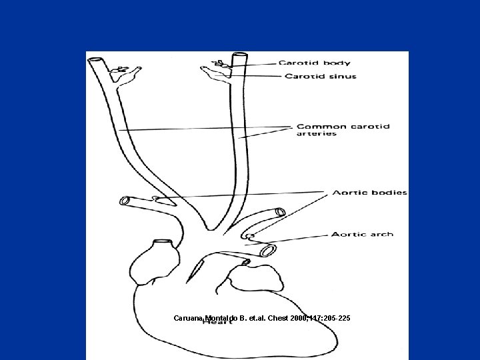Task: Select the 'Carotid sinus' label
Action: [321, 76]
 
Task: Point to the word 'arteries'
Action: [317, 134]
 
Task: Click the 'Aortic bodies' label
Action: [369, 193]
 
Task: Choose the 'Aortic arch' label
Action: [362, 234]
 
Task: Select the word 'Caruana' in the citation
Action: [189, 318]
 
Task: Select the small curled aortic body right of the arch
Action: [249, 235]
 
